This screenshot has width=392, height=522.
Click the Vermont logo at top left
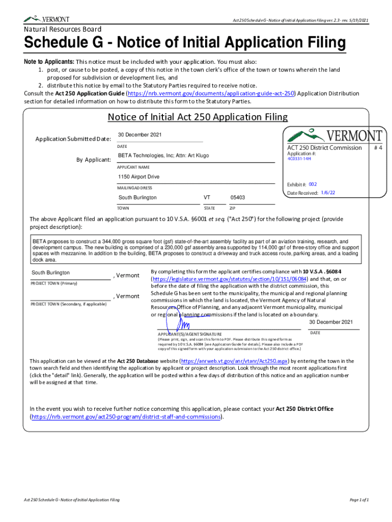click(47, 19)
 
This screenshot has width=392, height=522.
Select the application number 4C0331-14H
click(299, 159)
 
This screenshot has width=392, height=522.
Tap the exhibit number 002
click(313, 184)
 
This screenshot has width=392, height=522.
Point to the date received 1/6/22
click(328, 193)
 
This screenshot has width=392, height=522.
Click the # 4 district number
click(378, 147)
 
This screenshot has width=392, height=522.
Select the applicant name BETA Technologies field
click(163, 155)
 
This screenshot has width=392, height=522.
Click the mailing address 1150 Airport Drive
click(139, 177)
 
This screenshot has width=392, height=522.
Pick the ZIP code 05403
click(238, 198)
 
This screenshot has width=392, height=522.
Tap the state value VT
click(207, 198)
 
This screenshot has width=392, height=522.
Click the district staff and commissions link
click(127, 416)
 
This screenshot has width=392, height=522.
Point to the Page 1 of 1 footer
click(358, 500)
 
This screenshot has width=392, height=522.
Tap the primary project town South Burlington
click(51, 273)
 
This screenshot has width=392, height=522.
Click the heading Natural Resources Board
click(63, 30)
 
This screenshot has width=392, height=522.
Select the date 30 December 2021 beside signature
click(331, 322)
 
